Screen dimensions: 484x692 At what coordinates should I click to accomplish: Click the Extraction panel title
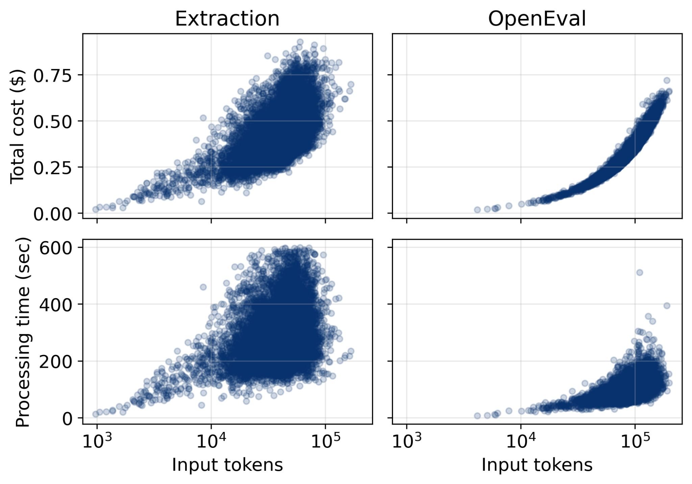pos(227,19)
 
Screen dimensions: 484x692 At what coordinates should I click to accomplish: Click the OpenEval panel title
pos(537,19)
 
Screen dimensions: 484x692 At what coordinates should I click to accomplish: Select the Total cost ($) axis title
pos(18,127)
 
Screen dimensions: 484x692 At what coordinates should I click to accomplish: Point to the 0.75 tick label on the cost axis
pos(53,75)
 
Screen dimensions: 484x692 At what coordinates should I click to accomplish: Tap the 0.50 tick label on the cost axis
pos(53,122)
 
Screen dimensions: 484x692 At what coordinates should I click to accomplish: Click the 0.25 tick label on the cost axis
pos(53,168)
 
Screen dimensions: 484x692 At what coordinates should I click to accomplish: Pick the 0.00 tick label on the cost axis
pos(53,214)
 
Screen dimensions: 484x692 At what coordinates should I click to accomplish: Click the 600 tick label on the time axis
pos(56,248)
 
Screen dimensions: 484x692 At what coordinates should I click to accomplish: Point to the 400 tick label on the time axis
pos(56,305)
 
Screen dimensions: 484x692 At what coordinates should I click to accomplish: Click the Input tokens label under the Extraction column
pos(227,465)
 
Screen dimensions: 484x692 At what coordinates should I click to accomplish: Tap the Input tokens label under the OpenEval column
pos(537,465)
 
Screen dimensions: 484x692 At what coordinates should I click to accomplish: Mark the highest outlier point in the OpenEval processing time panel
pos(639,273)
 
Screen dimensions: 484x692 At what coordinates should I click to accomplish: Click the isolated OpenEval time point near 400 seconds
pos(667,306)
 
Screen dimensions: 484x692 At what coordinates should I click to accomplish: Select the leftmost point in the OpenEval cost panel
pos(477,210)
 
